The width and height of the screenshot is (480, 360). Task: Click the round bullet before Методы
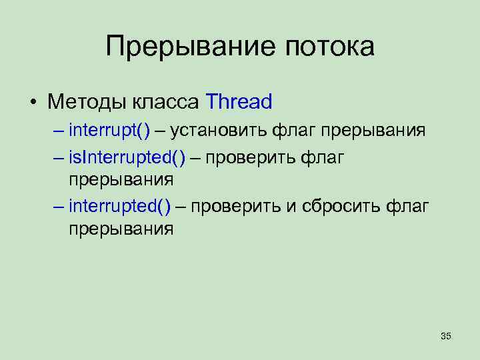(32, 103)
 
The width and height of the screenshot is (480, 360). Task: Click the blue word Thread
(239, 102)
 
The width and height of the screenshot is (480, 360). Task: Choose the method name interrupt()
(110, 129)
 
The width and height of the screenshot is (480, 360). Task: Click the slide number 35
(446, 337)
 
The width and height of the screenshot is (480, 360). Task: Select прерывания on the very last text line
(121, 229)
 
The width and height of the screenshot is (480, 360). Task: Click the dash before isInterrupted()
(59, 157)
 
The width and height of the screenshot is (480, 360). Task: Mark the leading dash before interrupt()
(59, 129)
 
